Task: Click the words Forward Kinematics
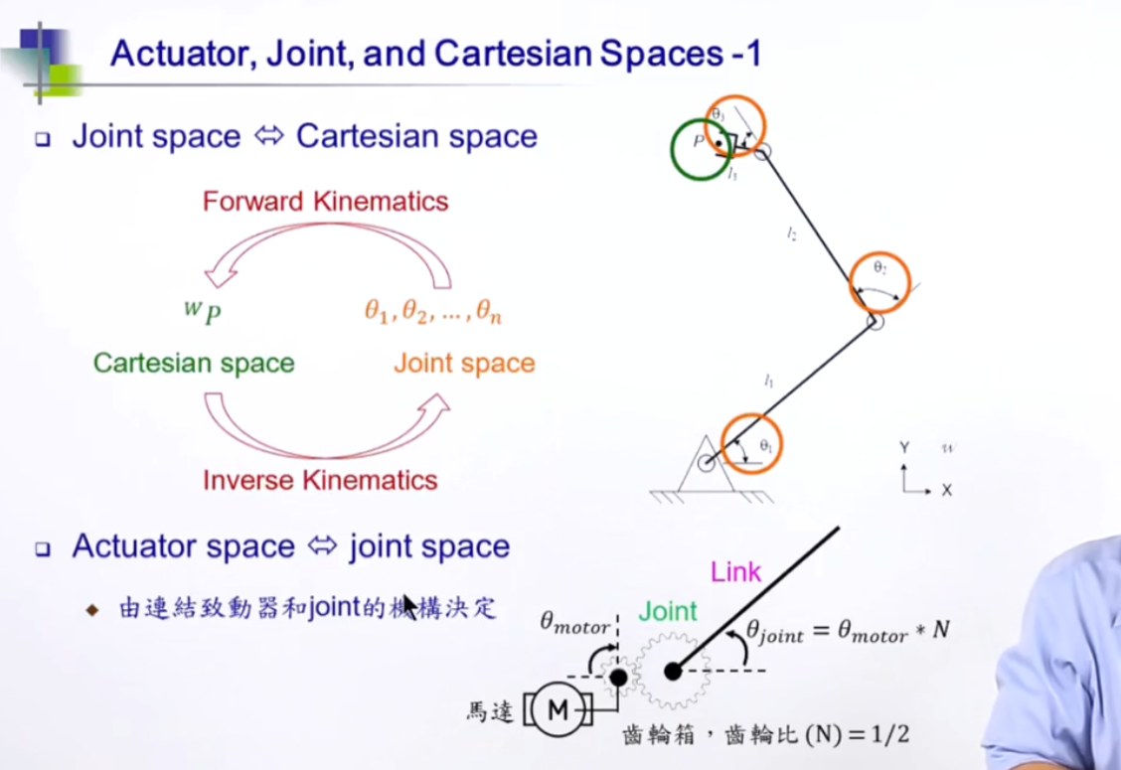[325, 202]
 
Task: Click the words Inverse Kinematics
[320, 481]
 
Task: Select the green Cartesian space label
[194, 363]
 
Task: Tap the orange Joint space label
[464, 364]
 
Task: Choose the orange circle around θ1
[752, 444]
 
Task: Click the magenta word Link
[735, 571]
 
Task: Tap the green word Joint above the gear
[667, 610]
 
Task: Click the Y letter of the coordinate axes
[904, 448]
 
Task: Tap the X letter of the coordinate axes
[946, 490]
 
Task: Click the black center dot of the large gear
[672, 672]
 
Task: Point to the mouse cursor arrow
[409, 605]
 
